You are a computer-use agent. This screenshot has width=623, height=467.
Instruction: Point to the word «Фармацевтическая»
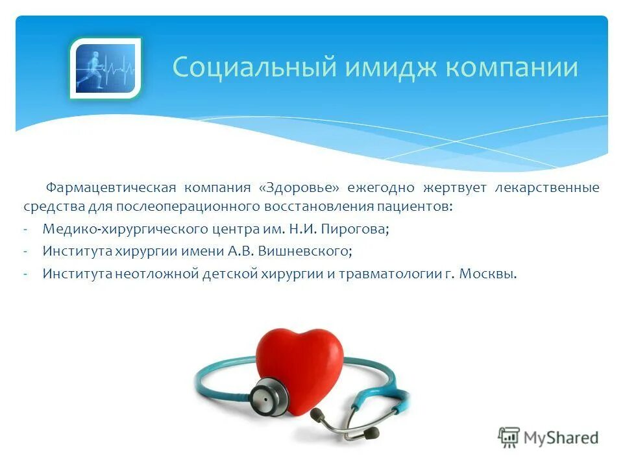[110, 188]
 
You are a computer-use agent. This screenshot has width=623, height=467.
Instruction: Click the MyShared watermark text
[561, 437]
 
